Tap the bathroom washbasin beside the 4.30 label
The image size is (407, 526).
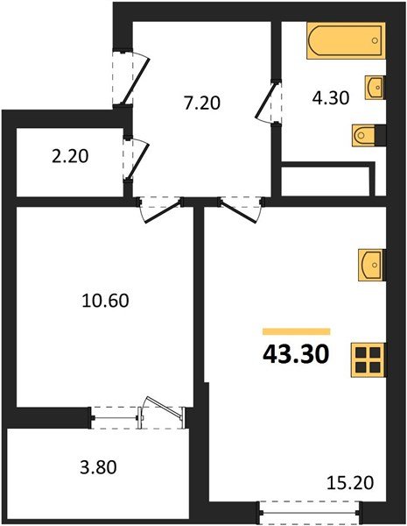pyautogui.click(x=375, y=88)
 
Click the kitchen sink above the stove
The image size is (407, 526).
pyautogui.click(x=370, y=263)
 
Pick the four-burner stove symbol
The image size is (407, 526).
pyautogui.click(x=368, y=359)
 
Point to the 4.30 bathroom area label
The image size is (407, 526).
pyautogui.click(x=331, y=98)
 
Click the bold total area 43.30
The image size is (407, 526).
pyautogui.click(x=296, y=355)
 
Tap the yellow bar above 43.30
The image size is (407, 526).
pyautogui.click(x=296, y=331)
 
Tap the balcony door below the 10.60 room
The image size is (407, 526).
pyautogui.click(x=140, y=413)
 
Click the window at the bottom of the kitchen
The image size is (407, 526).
pyautogui.click(x=310, y=508)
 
